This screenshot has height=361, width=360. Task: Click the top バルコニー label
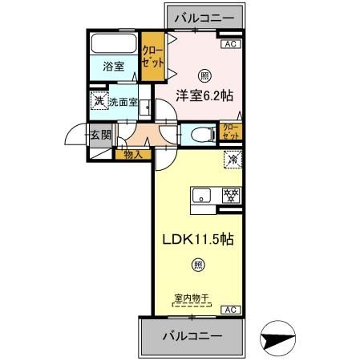click(x=202, y=16)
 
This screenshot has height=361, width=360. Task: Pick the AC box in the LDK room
click(x=229, y=310)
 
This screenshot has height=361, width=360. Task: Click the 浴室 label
click(x=113, y=67)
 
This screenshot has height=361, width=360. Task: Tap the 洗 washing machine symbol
click(x=98, y=101)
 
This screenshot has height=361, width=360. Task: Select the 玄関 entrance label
click(x=100, y=135)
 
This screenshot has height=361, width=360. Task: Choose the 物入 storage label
click(x=132, y=154)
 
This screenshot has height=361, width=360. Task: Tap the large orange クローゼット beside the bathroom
click(x=151, y=55)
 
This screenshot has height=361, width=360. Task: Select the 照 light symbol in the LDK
click(x=197, y=266)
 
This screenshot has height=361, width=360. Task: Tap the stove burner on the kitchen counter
click(x=232, y=195)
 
